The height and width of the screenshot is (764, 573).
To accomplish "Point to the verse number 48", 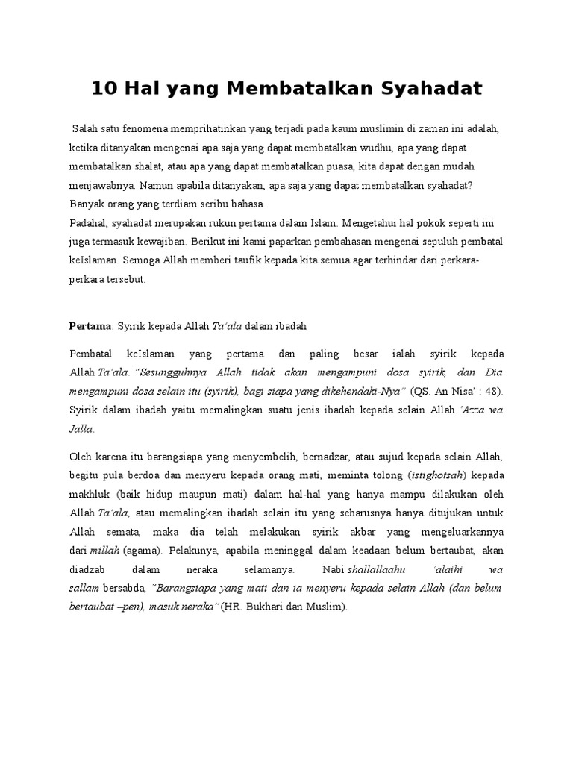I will (x=493, y=390).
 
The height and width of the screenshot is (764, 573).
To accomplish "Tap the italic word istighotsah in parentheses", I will (x=436, y=475).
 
